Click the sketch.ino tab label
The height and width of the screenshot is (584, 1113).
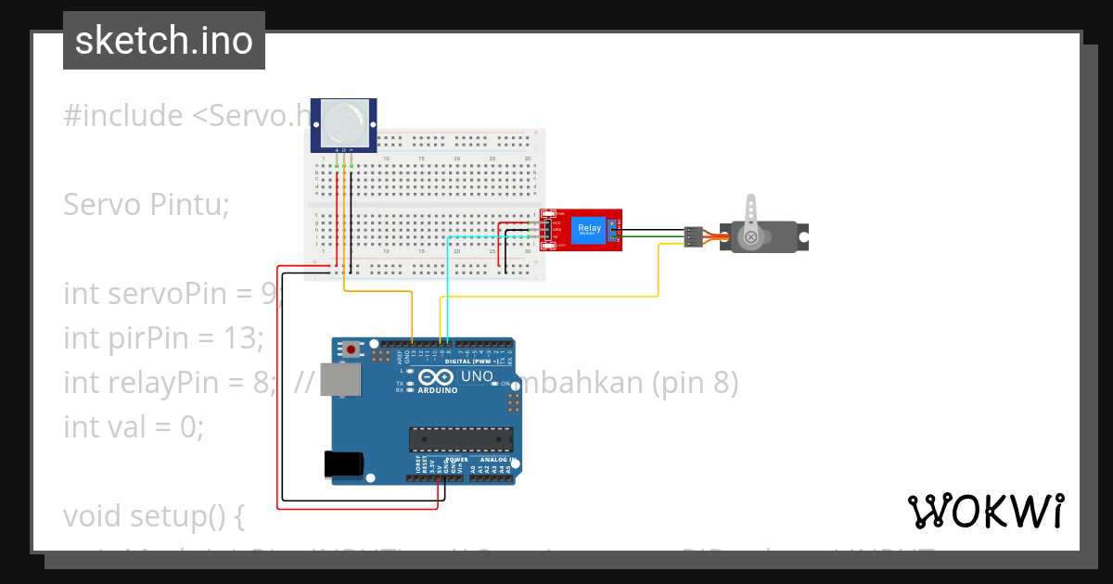163,41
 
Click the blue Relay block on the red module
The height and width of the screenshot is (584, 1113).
589,229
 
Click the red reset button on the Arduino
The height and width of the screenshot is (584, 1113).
352,349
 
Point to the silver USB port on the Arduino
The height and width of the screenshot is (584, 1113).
339,380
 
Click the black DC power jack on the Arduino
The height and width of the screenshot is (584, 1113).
342,463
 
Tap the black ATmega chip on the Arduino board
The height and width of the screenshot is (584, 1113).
461,439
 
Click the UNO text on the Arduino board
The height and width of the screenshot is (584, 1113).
477,376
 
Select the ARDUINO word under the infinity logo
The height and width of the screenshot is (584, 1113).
437,390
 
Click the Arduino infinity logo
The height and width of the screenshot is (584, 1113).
435,376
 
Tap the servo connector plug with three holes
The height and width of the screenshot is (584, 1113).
692,236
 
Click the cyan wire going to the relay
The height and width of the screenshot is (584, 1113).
447,278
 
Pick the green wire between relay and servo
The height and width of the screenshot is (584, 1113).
649,237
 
